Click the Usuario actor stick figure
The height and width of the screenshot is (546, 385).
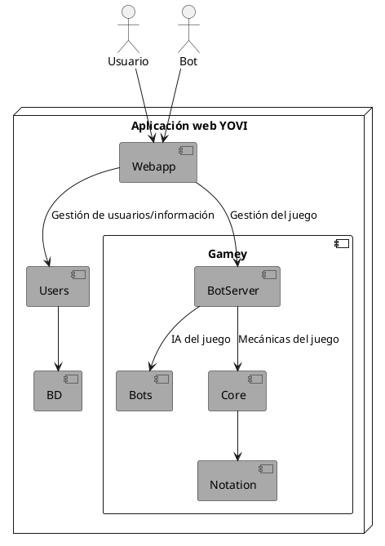click(x=127, y=29)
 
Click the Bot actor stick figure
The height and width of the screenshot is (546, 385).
click(x=188, y=29)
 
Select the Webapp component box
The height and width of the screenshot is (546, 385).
click(x=158, y=162)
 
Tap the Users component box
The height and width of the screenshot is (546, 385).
click(x=57, y=286)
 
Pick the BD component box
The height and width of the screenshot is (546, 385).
click(x=57, y=391)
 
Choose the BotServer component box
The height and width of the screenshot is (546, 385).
click(x=237, y=286)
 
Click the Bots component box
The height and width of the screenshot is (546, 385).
click(x=144, y=391)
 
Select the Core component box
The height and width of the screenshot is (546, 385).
click(x=237, y=391)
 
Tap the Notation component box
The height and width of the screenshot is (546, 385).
click(x=237, y=481)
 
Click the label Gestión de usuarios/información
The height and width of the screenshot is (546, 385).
click(x=132, y=215)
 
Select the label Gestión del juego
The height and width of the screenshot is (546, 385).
click(x=273, y=215)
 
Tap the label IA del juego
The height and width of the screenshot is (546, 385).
click(x=201, y=339)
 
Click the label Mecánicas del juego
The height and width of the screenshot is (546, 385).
click(x=288, y=339)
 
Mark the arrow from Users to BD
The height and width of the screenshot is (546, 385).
click(x=57, y=339)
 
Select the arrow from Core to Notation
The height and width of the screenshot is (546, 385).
click(x=237, y=436)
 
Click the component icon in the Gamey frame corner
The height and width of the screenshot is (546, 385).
click(x=341, y=243)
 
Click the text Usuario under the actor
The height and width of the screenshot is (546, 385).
click(x=127, y=62)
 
